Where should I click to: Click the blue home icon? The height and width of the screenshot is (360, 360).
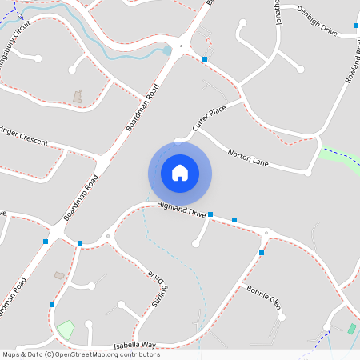(x=180, y=173)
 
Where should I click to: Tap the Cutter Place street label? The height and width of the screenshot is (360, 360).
(x=206, y=118)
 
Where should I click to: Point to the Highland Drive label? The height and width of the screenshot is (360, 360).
(x=182, y=210)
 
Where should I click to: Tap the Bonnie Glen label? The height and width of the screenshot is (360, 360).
(x=264, y=297)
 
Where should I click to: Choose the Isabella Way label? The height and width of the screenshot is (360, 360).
(x=134, y=344)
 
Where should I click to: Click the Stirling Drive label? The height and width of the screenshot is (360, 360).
(x=158, y=286)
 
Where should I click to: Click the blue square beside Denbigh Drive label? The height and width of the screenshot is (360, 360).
(x=356, y=26)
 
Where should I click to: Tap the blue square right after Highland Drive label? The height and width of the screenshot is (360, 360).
(x=210, y=214)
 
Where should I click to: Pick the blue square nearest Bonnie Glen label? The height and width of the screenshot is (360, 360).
(x=262, y=253)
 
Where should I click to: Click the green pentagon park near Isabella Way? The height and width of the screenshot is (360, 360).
(x=65, y=329)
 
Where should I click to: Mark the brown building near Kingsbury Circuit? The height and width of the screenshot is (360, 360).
(x=78, y=96)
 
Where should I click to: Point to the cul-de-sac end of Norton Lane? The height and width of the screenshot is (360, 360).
(x=307, y=172)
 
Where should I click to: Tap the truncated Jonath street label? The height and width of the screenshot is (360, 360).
(x=278, y=12)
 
